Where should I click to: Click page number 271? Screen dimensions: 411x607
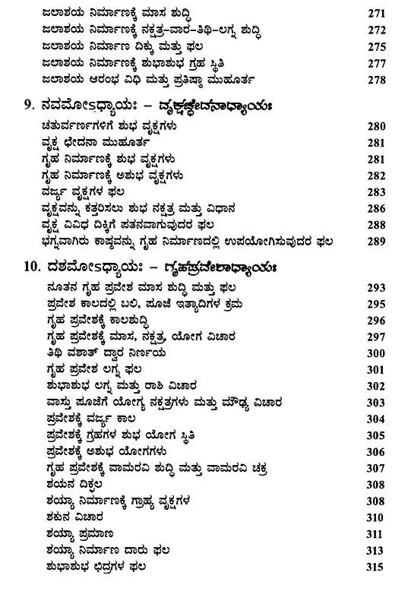(x=377, y=14)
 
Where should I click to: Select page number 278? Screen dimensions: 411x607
(x=377, y=78)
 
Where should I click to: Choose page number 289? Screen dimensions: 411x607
(x=377, y=242)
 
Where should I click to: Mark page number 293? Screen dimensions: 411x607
(x=377, y=288)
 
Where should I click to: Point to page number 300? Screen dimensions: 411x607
(x=377, y=353)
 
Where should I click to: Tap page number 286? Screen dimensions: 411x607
(x=377, y=208)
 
